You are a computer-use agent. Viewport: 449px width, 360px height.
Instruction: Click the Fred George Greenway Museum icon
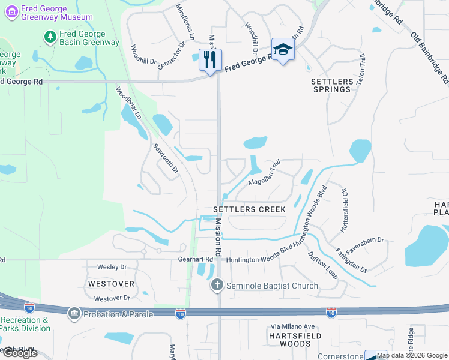coord(10,10)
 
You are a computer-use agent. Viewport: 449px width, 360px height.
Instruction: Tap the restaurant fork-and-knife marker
coord(210,59)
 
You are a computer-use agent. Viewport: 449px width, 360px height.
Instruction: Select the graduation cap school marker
coord(283,50)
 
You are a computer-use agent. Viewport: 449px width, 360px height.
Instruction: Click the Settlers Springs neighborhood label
coord(331,85)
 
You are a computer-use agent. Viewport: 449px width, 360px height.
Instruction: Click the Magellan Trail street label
coord(264,173)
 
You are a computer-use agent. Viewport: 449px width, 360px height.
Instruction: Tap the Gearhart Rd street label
coord(196,259)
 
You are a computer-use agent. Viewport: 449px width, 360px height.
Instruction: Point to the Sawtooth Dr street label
coord(166,158)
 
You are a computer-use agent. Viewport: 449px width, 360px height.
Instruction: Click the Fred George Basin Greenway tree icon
coord(50,37)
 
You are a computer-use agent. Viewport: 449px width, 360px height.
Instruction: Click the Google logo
coord(20,353)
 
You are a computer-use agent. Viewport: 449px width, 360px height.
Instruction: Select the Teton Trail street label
coord(362,69)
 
